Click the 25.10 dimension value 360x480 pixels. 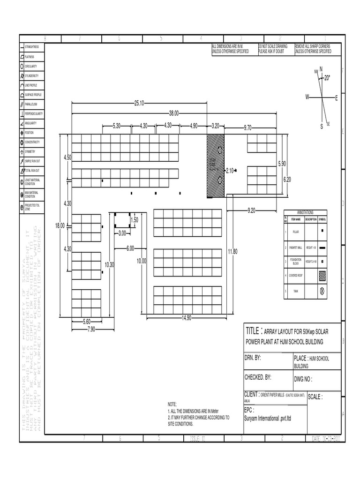tap(139, 103)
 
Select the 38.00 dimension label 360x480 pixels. tap(174, 113)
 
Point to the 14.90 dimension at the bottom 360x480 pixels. tap(187, 318)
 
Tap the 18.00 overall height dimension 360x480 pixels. tap(60, 225)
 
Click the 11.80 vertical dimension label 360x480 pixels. tap(232, 252)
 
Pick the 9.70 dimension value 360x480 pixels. tap(248, 127)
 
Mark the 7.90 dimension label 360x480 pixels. tap(90, 330)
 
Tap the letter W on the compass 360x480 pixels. tap(307, 97)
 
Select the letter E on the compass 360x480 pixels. tap(336, 97)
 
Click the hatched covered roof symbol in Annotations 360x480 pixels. tap(322, 276)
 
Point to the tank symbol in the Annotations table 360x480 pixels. tap(322, 291)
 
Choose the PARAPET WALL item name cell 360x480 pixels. tap(295, 247)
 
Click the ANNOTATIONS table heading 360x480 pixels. tap(305, 212)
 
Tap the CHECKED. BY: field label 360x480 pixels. tap(258, 377)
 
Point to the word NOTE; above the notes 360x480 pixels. tap(172, 404)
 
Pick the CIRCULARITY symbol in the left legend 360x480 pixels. tap(22, 66)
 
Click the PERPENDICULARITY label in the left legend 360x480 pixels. tap(34, 114)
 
